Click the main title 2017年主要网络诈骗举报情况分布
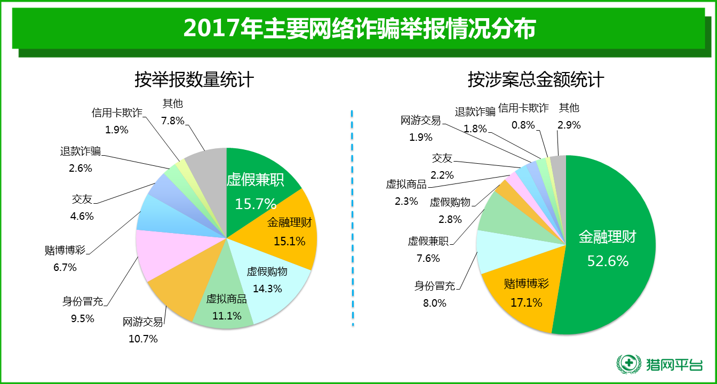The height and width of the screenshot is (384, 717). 359,29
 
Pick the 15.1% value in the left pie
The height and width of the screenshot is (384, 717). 289,242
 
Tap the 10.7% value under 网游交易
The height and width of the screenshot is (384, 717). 143,339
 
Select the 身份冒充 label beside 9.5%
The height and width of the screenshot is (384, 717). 82,301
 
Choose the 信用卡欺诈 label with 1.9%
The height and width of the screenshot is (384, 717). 117,113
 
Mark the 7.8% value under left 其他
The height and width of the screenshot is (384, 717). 172,121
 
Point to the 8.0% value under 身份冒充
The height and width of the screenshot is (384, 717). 434,303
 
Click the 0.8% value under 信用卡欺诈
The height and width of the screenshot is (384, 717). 523,125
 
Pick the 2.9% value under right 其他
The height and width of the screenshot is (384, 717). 569,125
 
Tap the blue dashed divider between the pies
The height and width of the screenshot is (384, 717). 353,219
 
